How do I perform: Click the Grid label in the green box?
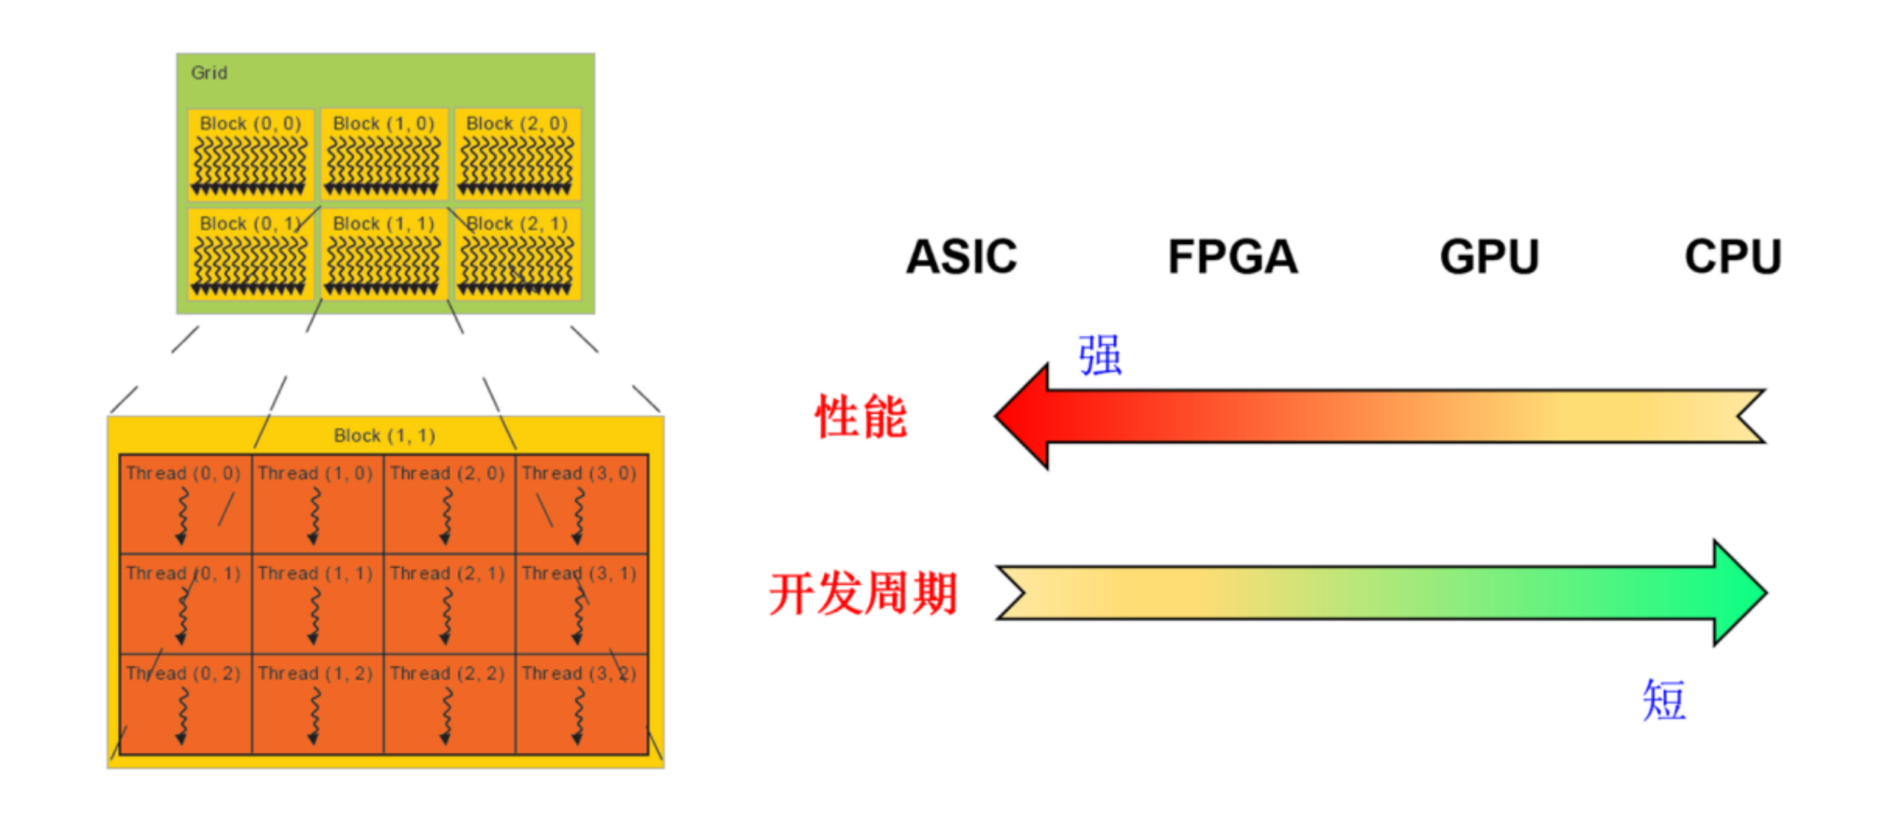(209, 73)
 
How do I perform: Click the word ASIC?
(961, 257)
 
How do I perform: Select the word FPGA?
(1232, 257)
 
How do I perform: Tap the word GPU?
(1489, 257)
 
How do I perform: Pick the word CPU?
(1732, 257)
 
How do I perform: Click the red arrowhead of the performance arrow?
(1025, 416)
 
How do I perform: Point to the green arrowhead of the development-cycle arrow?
(1738, 592)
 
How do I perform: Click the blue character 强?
(1100, 355)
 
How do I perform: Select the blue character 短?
(1664, 699)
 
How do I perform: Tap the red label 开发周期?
(863, 593)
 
